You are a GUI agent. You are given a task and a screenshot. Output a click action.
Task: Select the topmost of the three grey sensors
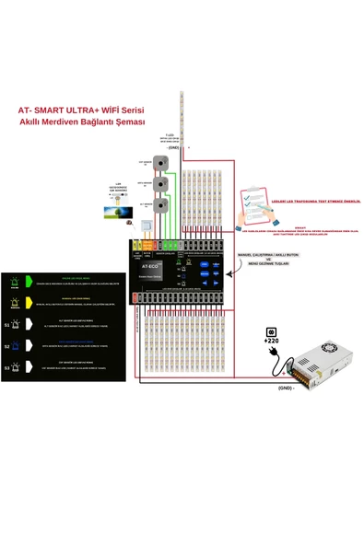click(x=163, y=164)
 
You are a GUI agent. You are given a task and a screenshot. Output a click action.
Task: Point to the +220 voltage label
click(x=272, y=340)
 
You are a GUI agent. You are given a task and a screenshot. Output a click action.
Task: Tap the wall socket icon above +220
click(x=272, y=330)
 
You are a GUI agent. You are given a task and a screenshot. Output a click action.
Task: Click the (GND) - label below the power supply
click(x=287, y=388)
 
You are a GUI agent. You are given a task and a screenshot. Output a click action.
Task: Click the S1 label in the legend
click(x=7, y=325)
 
